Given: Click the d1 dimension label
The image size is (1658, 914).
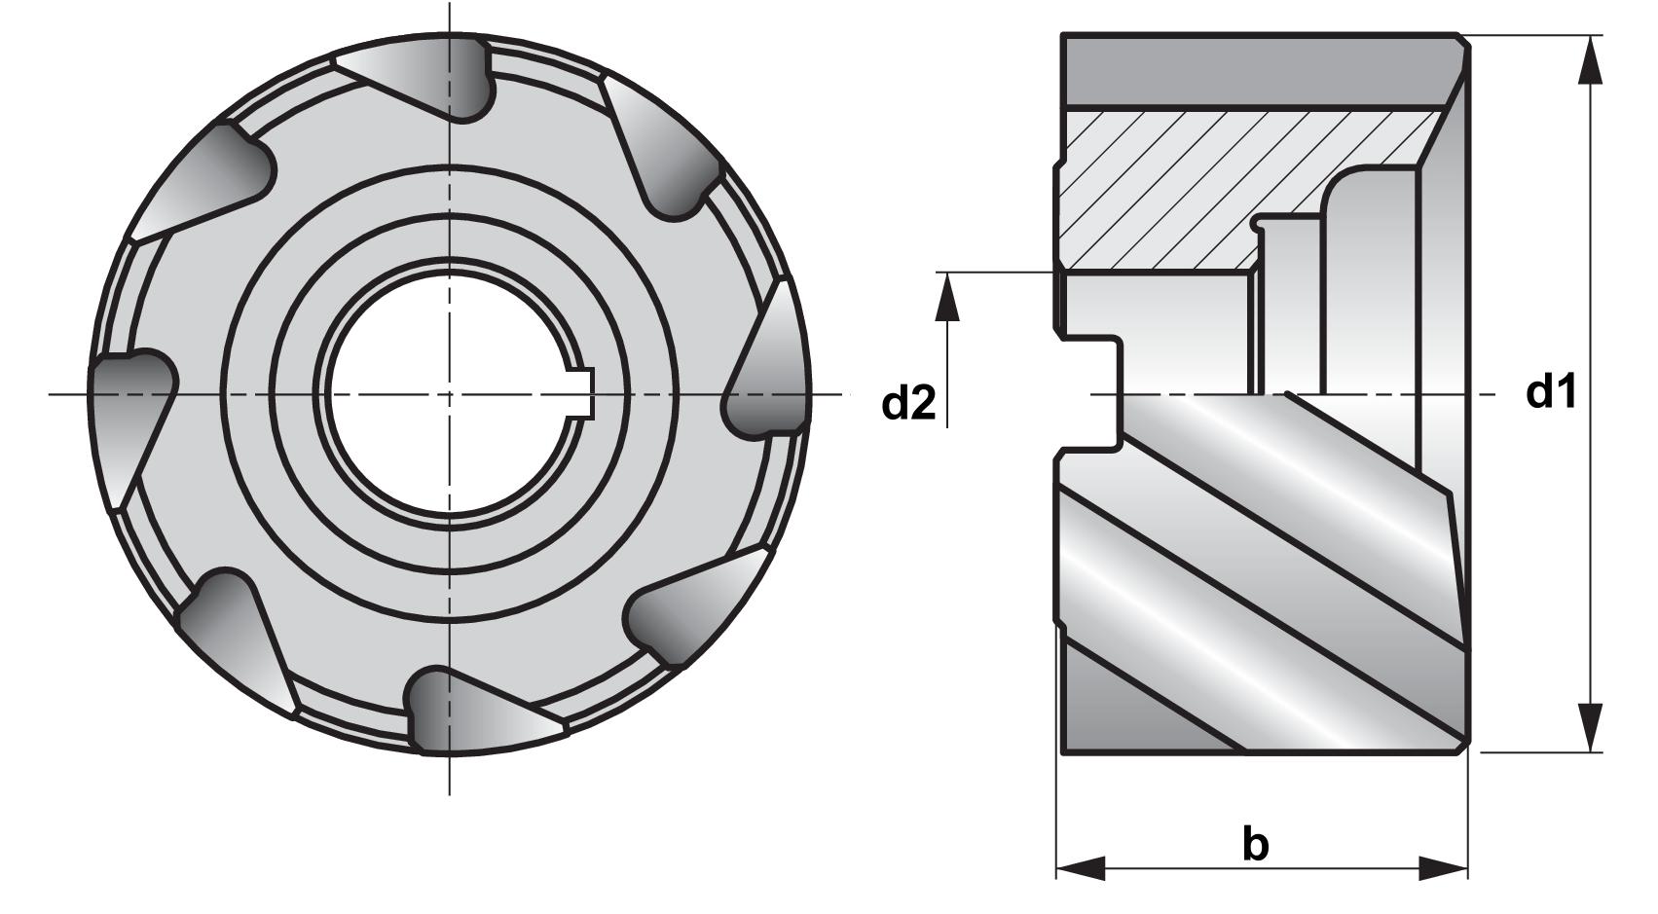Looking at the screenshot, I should tap(1551, 392).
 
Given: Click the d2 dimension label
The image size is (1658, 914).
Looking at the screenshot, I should tap(908, 402).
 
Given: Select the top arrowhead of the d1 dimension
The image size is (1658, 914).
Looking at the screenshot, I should tap(1591, 63).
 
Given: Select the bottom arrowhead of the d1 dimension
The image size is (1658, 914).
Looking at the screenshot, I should tap(1591, 725).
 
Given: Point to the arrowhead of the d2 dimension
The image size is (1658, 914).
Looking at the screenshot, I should tap(946, 296).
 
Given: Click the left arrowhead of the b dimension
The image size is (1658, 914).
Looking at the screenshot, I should tap(1082, 867).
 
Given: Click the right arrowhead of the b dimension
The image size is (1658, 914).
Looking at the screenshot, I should tap(1443, 867).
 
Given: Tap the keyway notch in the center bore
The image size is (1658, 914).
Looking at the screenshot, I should tap(582, 394).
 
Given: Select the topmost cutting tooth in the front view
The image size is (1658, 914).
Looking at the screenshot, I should tap(428, 78).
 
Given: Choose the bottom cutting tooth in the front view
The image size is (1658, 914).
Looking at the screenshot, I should tap(467, 711).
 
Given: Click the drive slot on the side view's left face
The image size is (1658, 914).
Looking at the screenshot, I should tap(1090, 394).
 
